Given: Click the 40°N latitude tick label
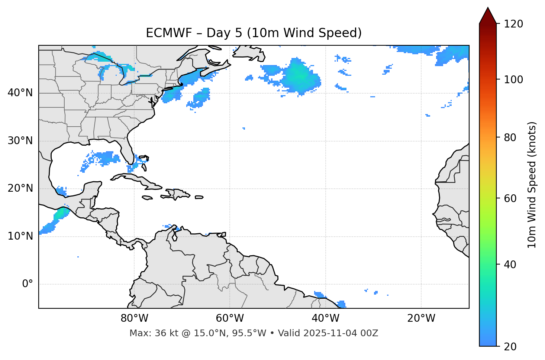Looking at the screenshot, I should tap(20, 93).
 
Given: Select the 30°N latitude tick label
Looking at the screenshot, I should tap(20, 141).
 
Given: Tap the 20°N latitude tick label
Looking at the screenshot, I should tap(20, 188).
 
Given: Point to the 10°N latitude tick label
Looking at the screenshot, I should tap(20, 236).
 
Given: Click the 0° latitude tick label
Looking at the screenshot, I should tap(28, 284).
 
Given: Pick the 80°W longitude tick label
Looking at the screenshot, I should tap(134, 318).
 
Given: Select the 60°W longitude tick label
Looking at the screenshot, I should tap(230, 318).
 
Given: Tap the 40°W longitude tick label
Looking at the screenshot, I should tap(326, 318).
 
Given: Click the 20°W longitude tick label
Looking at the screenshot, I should tap(421, 318).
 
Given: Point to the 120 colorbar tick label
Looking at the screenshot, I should tap(513, 24).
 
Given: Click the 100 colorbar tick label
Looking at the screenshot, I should tap(513, 80).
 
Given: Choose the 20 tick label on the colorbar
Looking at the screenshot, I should tap(510, 347).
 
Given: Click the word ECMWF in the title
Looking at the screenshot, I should tap(164, 33).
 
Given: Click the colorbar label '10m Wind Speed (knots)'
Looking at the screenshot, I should tap(532, 185).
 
